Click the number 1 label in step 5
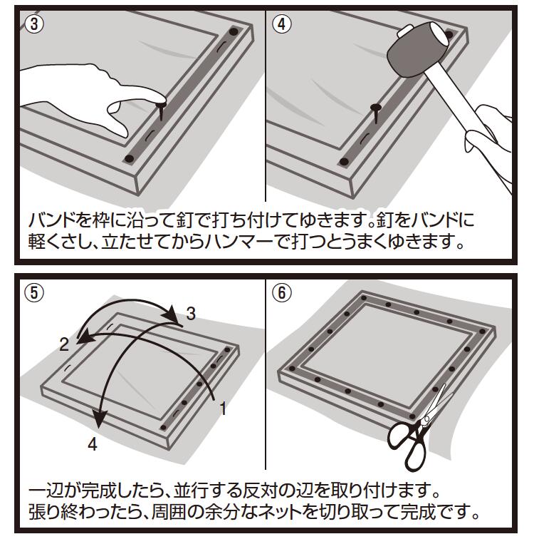[x=223, y=409]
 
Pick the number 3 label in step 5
[x=191, y=312]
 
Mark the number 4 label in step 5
[x=92, y=445]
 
